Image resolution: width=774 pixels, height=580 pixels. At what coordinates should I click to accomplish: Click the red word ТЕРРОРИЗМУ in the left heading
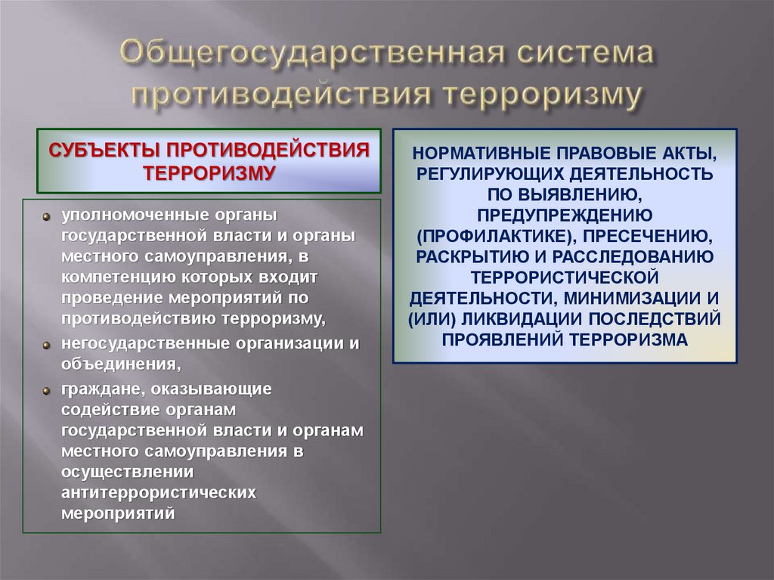208,171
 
